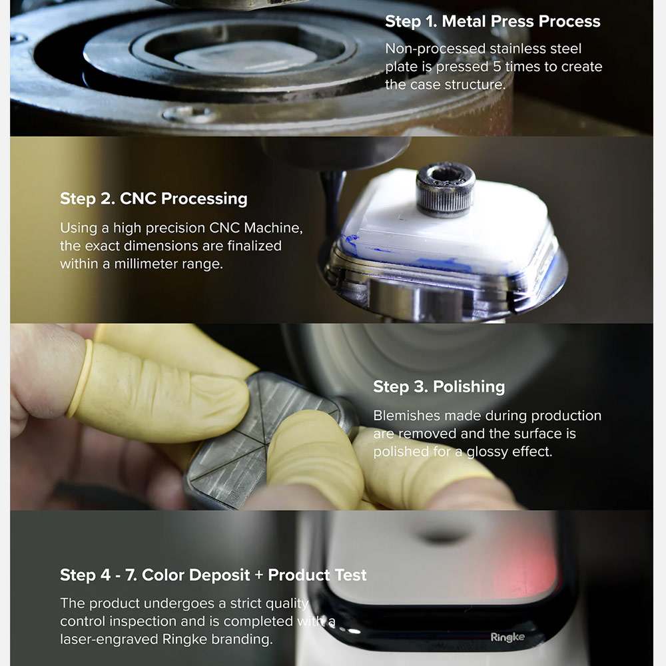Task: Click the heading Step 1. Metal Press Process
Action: tap(492, 21)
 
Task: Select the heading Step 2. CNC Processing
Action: tap(154, 198)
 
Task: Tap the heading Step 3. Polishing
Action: tap(439, 386)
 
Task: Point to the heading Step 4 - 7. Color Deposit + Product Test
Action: tap(213, 575)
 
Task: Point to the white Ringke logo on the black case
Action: tap(507, 637)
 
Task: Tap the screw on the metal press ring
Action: tap(189, 114)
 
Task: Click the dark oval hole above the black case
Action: tap(442, 537)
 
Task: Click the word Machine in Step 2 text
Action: tap(273, 228)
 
